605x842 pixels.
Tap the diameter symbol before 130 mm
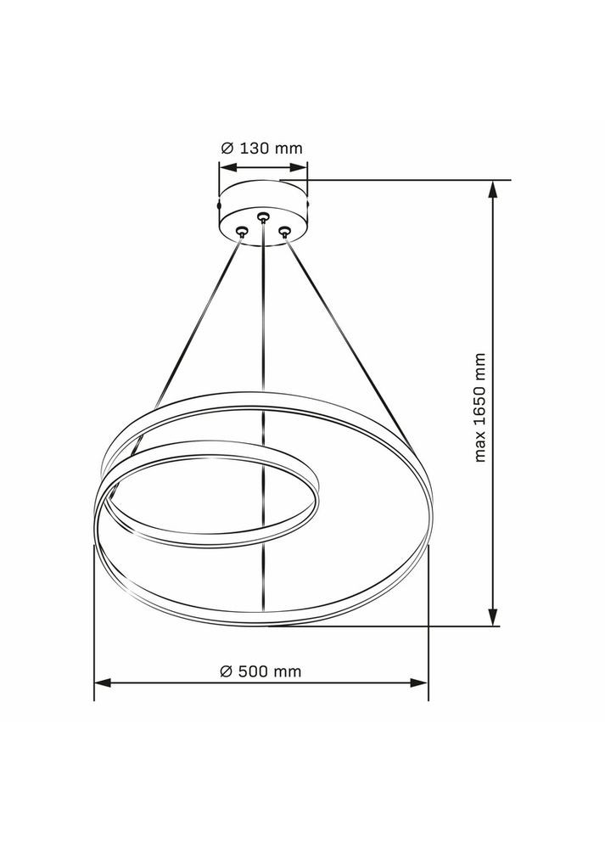pyautogui.click(x=227, y=148)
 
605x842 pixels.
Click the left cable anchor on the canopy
pyautogui.click(x=242, y=230)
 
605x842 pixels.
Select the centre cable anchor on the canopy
pyautogui.click(x=263, y=217)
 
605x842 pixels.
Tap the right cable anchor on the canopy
pyautogui.click(x=285, y=229)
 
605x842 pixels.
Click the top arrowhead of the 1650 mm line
pyautogui.click(x=492, y=188)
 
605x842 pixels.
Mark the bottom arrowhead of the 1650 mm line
pyautogui.click(x=492, y=619)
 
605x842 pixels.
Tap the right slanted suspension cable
pyautogui.click(x=344, y=331)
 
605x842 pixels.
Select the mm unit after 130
pyautogui.click(x=288, y=148)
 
